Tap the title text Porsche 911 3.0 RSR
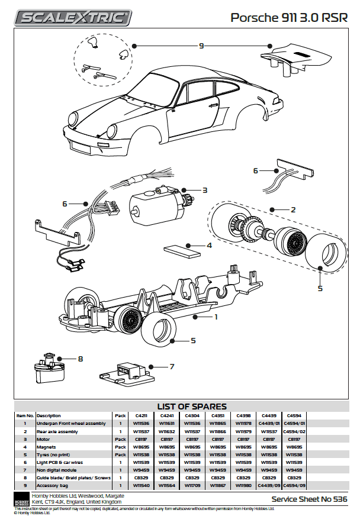pyautogui.click(x=288, y=18)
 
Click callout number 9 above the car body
pyautogui.click(x=201, y=46)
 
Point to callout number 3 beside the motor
pyautogui.click(x=204, y=191)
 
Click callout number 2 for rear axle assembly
pyautogui.click(x=292, y=209)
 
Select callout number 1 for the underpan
pyautogui.click(x=216, y=317)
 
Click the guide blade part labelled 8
pyautogui.click(x=47, y=367)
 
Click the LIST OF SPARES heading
pyautogui.click(x=191, y=406)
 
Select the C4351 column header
pyautogui.click(x=217, y=415)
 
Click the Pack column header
pyautogui.click(x=120, y=415)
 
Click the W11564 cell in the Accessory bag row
pyautogui.click(x=166, y=485)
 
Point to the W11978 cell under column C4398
pyautogui.click(x=243, y=424)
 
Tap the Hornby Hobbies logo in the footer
pyautogui.click(x=21, y=498)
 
